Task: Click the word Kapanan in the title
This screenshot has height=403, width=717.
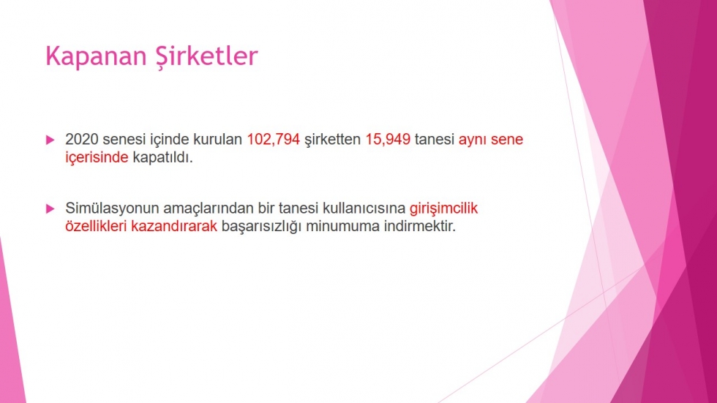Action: [x=96, y=57]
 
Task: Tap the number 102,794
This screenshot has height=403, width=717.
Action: [x=274, y=140]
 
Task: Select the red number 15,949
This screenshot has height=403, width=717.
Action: [x=388, y=140]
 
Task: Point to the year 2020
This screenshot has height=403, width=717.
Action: [x=82, y=140]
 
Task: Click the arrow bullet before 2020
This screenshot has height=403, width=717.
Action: [x=50, y=140]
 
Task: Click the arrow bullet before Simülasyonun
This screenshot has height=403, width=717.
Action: [x=50, y=208]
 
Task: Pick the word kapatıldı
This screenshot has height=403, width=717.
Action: [x=162, y=157]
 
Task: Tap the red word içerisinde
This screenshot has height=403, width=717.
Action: [x=97, y=158]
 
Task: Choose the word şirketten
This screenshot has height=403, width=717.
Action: [x=332, y=140]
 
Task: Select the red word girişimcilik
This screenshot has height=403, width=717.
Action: [x=443, y=208]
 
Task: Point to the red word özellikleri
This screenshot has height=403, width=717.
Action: [x=96, y=226]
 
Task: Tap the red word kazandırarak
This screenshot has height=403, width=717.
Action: [x=174, y=226]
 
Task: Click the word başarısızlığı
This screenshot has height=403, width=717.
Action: [x=262, y=227]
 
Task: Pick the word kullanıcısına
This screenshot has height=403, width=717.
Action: [x=364, y=208]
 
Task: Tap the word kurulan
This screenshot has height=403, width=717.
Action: [x=217, y=140]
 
